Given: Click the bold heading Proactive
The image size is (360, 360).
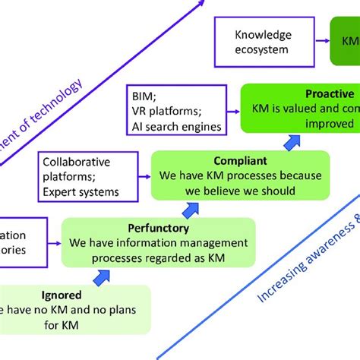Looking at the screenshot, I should point(308,93).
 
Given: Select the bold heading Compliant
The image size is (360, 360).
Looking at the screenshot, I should point(240,161).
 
